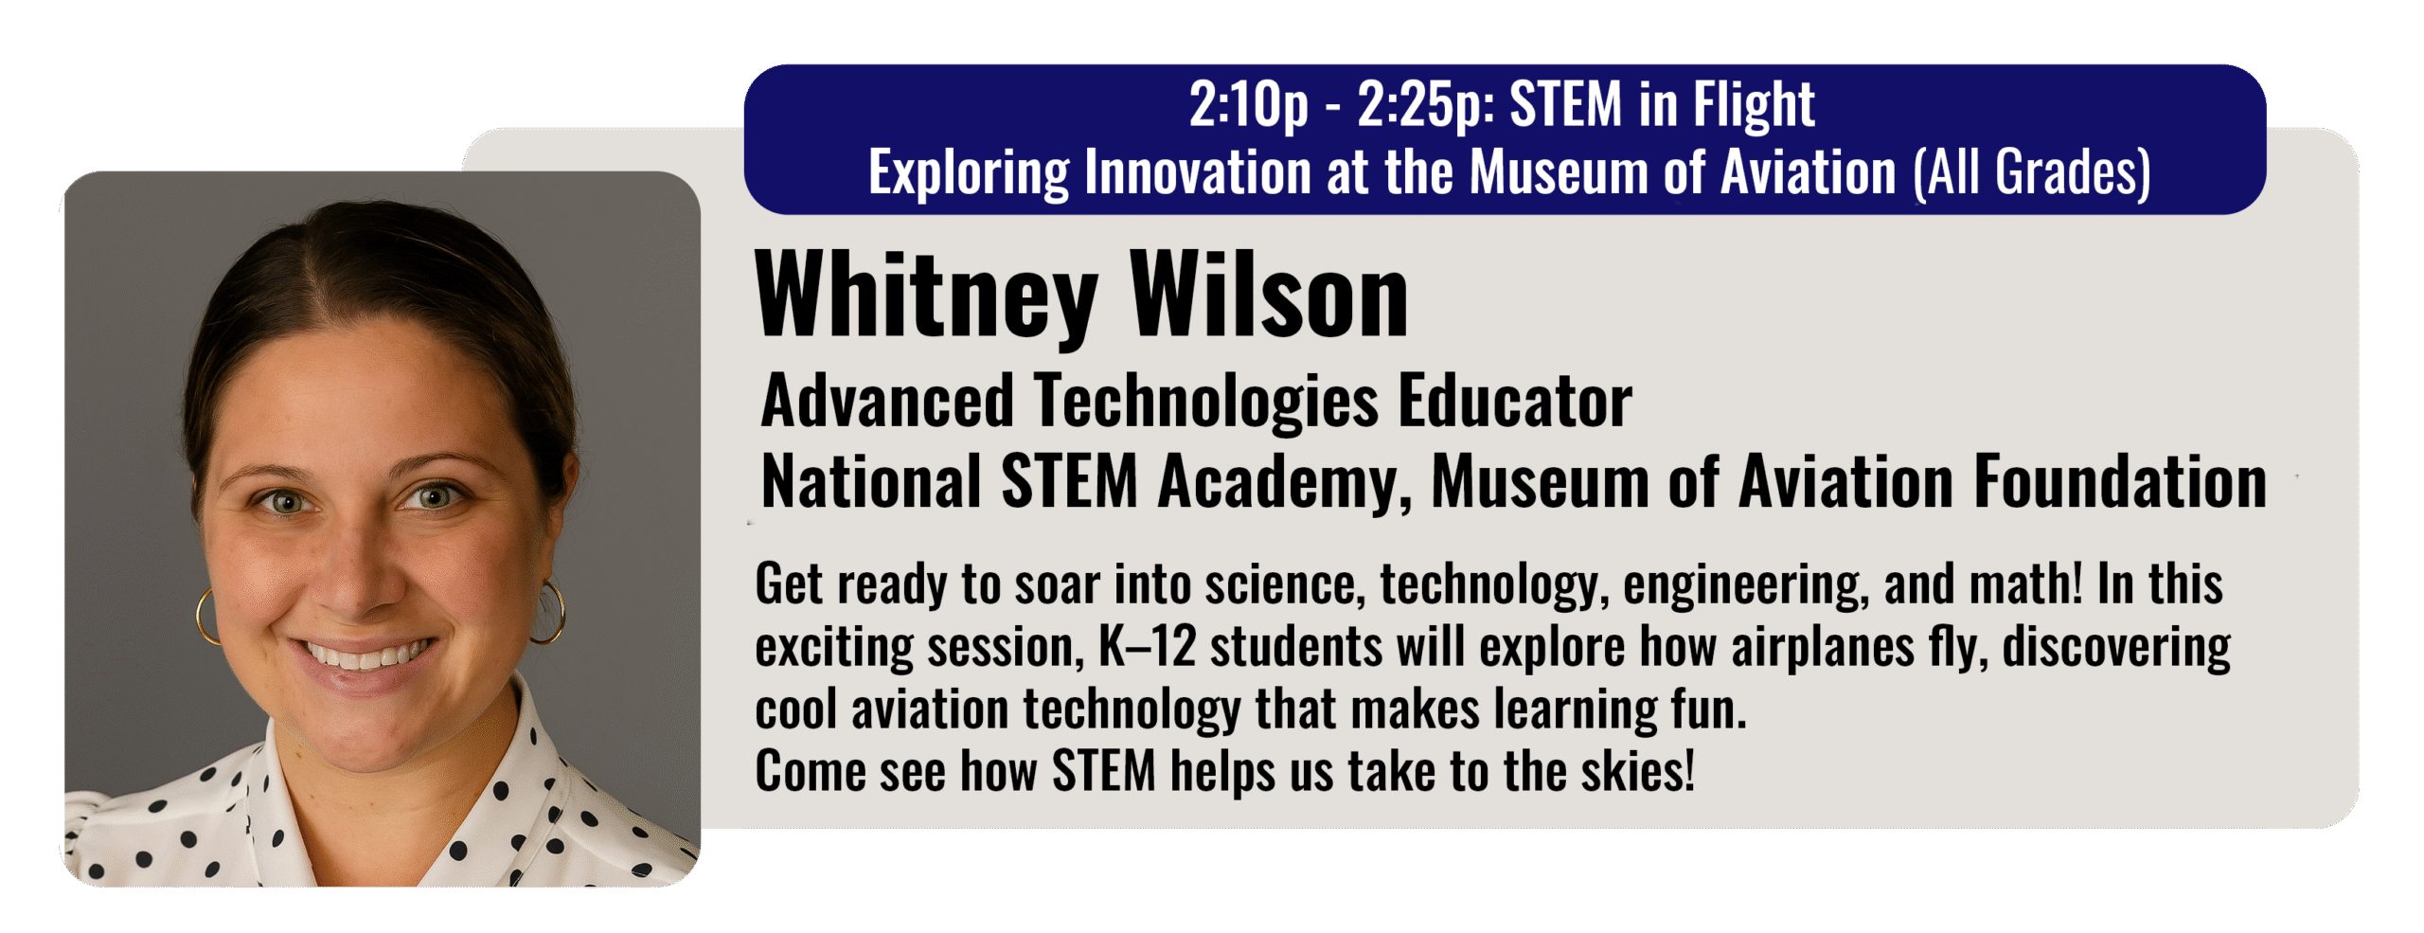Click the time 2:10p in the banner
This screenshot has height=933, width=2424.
(x=1249, y=104)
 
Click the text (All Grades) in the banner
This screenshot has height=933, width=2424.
(x=2032, y=172)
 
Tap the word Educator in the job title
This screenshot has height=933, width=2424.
(x=1515, y=401)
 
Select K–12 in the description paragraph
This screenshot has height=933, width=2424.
(x=1148, y=647)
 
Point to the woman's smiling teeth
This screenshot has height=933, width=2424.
(x=365, y=654)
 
